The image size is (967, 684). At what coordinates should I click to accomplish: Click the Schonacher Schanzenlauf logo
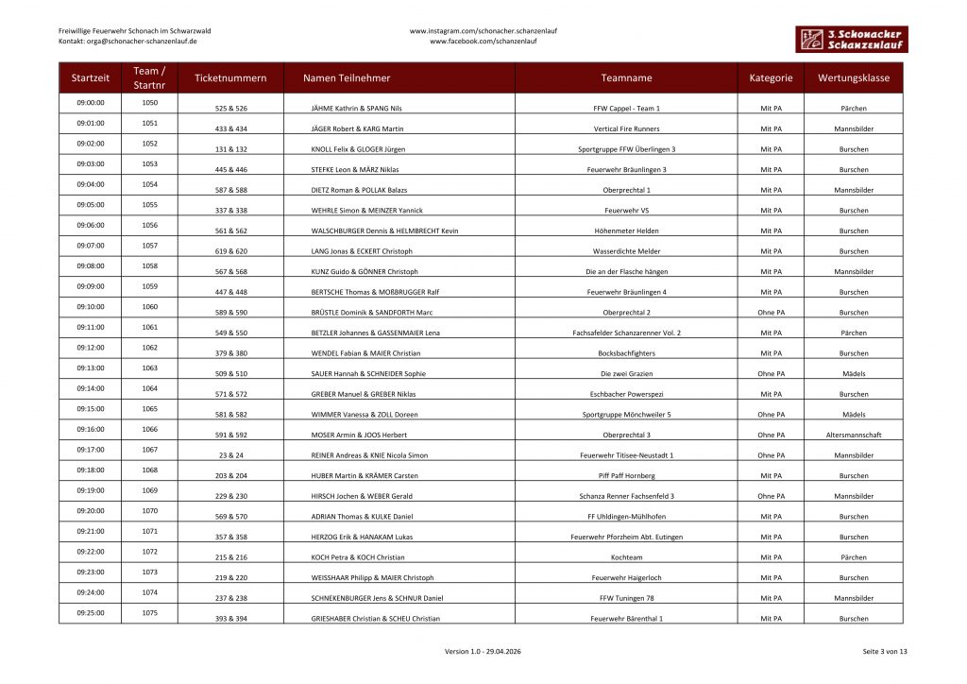(850, 39)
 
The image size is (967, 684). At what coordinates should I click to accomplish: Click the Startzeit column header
(91, 77)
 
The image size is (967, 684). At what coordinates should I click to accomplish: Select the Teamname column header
(626, 77)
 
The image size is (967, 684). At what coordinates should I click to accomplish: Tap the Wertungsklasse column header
(854, 77)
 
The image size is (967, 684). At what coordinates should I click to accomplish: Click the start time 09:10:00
(91, 306)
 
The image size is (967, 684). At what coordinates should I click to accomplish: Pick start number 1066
(149, 429)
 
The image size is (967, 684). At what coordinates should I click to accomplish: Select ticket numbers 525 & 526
(231, 109)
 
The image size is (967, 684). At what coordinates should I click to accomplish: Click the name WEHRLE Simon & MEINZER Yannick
(367, 211)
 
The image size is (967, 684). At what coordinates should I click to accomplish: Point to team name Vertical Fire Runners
(626, 128)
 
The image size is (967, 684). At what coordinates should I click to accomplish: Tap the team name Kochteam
(626, 557)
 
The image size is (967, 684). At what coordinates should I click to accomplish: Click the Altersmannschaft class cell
(854, 435)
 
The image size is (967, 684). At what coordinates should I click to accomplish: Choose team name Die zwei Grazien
(626, 373)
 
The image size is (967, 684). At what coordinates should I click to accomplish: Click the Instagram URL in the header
(483, 30)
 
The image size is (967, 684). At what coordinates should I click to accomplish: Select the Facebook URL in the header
(483, 42)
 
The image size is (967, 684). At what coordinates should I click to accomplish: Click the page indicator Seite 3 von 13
(884, 652)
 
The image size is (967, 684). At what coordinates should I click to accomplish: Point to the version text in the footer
(483, 652)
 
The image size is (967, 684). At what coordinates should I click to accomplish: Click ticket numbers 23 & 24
(231, 455)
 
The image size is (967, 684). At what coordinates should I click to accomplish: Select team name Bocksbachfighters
(626, 353)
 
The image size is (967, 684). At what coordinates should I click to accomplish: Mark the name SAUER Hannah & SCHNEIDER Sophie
(368, 373)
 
